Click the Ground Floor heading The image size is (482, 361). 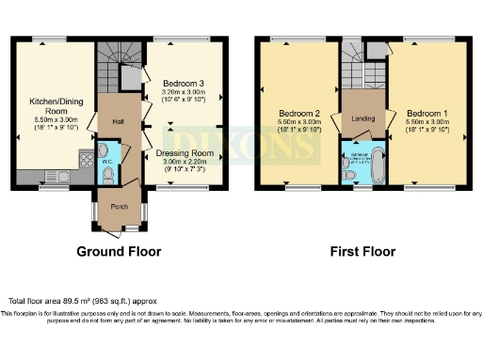(x=119, y=251)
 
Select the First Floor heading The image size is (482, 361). (x=362, y=251)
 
